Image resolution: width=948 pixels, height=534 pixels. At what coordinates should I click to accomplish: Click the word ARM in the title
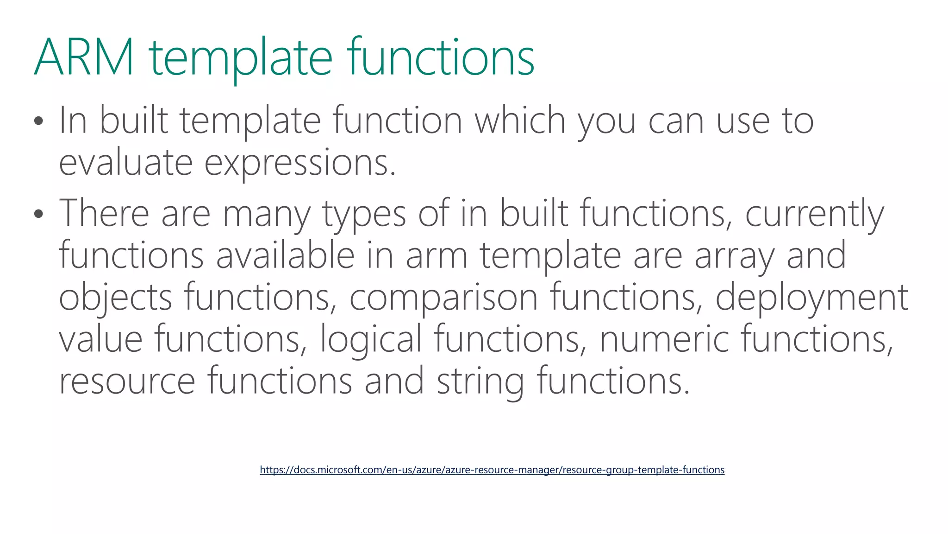[84, 57]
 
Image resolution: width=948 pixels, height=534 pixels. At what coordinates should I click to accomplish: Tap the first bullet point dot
[38, 121]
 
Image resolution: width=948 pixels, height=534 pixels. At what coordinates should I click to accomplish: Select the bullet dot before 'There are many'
[38, 214]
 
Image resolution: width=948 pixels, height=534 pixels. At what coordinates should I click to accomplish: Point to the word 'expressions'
[300, 164]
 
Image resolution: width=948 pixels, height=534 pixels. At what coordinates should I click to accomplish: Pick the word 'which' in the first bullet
[520, 120]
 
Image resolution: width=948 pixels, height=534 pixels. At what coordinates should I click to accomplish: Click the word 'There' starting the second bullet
[104, 213]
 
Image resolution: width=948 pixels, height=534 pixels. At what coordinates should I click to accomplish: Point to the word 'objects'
[116, 298]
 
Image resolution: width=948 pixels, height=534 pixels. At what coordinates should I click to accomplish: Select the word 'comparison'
[443, 298]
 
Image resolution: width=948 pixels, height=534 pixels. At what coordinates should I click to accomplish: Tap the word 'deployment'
[811, 298]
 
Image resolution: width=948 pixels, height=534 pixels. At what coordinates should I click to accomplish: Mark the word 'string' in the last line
[480, 381]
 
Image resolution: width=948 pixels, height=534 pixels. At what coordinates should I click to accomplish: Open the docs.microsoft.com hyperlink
[492, 470]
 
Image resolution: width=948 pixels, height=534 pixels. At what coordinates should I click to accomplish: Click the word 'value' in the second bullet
[100, 339]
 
